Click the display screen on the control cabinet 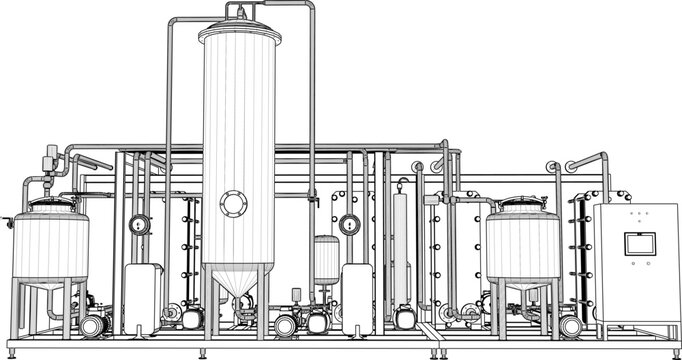pos(637,244)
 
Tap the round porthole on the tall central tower pos(235,204)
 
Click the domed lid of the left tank pos(50,206)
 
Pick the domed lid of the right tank pos(522,207)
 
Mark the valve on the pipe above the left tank pos(51,158)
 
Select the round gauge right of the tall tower pos(348,224)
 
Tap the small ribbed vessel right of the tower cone pos(325,260)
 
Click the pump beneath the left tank pos(93,325)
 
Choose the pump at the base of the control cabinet pos(571,326)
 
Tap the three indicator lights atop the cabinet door pos(636,214)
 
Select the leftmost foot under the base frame pos(14,351)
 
